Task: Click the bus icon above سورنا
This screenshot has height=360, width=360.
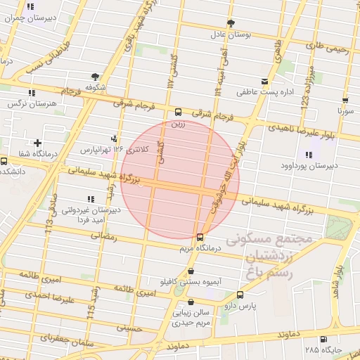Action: click(345, 100)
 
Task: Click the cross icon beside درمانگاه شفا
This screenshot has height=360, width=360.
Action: click(46, 143)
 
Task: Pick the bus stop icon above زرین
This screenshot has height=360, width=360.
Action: click(178, 112)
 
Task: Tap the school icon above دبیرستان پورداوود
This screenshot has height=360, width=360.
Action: click(309, 155)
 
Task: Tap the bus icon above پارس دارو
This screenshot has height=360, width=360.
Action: click(240, 295)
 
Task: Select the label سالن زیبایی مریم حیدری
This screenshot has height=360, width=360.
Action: click(193, 316)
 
